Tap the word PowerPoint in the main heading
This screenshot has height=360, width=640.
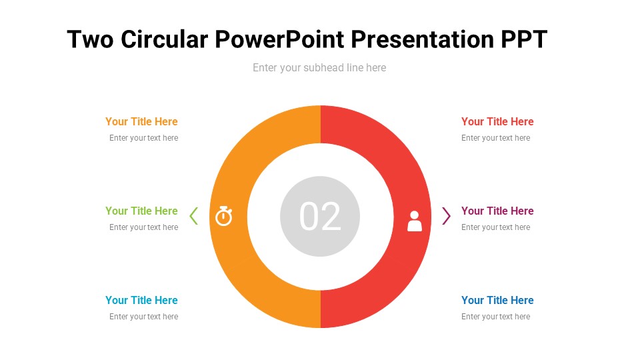click(x=279, y=40)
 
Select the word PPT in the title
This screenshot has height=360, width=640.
click(x=523, y=40)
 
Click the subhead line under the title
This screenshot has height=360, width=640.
click(x=319, y=67)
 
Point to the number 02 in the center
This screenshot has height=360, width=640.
click(x=320, y=217)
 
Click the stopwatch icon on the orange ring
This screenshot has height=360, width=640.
click(x=224, y=216)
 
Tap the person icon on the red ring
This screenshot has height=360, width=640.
click(x=415, y=221)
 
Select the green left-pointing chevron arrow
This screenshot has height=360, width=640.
click(x=194, y=216)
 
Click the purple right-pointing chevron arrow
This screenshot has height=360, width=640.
click(x=446, y=216)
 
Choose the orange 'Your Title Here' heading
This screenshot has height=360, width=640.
click(x=141, y=121)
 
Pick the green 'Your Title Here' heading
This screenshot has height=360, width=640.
click(x=141, y=211)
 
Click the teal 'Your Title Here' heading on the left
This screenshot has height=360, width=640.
click(x=141, y=300)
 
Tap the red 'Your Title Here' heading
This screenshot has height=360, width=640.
click(x=497, y=121)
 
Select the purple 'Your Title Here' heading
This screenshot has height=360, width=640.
click(x=497, y=211)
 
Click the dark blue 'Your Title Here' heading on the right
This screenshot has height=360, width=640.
click(x=497, y=300)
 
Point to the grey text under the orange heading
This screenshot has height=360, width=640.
click(x=144, y=138)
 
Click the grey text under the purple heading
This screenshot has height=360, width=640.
click(x=495, y=227)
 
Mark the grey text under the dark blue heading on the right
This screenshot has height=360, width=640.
click(x=495, y=317)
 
